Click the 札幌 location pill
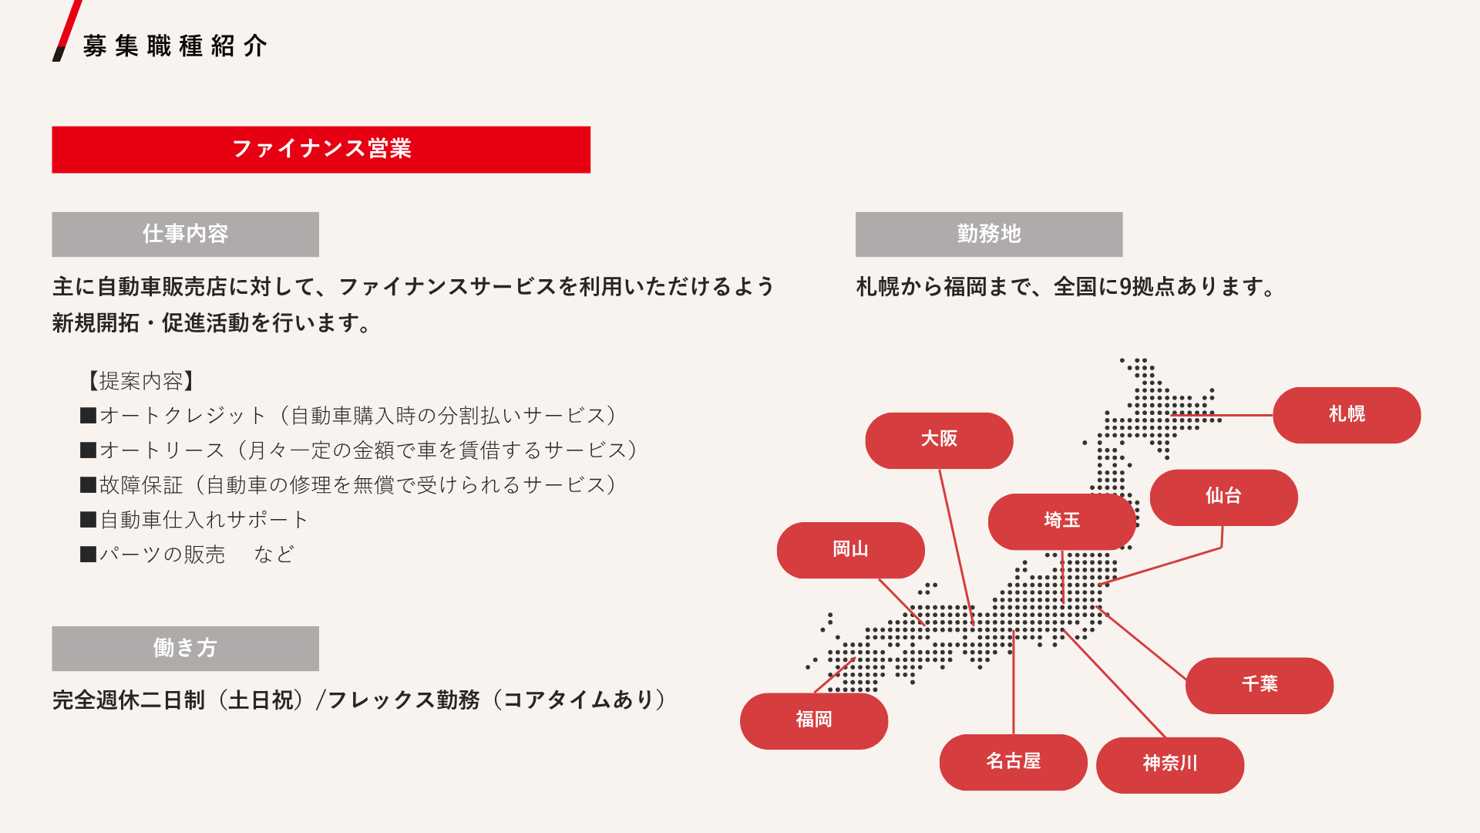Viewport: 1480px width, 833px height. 1347,415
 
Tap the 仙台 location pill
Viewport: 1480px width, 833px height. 1223,497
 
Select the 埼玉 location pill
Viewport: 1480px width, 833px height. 1061,521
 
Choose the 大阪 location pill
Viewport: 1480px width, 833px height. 939,440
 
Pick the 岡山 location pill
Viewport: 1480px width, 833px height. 850,550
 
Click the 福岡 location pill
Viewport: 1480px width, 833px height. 814,721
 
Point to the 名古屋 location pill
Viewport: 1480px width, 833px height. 1013,762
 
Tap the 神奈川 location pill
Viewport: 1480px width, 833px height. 1170,765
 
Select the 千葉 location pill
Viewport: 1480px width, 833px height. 1260,686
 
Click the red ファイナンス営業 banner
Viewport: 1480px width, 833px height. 321,150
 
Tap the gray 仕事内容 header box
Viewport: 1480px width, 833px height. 185,234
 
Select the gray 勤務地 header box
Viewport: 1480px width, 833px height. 989,234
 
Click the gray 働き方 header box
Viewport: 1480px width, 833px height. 185,649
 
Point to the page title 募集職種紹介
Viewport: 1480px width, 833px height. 175,46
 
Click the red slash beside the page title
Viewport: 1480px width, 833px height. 67,31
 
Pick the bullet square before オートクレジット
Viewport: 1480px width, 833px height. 88,416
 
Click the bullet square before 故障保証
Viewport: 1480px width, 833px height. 88,485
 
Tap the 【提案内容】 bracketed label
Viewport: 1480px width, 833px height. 140,381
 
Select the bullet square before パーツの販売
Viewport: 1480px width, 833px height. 88,555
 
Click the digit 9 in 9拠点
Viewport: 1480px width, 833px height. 1125,287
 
